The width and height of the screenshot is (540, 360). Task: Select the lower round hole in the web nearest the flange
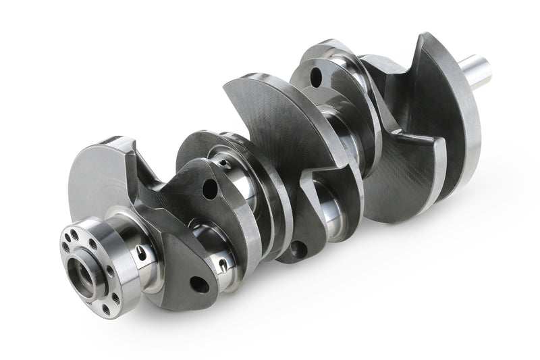pyautogui.click(x=198, y=284)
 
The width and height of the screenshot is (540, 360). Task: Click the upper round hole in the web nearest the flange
pyautogui.click(x=210, y=188)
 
